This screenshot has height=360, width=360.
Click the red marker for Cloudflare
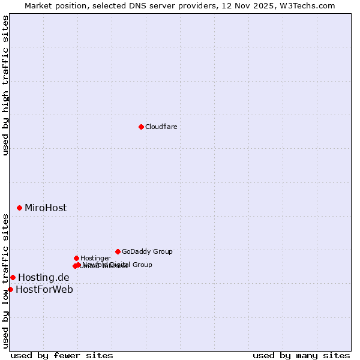click(141, 127)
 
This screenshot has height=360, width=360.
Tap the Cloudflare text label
click(161, 127)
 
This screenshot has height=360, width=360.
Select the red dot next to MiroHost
click(19, 208)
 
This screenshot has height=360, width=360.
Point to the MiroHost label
click(46, 208)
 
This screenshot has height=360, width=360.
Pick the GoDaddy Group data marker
click(118, 251)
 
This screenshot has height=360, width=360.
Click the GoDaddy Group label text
click(147, 251)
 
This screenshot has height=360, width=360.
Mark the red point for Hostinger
click(76, 258)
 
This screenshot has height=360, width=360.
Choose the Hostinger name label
click(95, 258)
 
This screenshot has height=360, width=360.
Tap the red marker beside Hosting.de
click(13, 277)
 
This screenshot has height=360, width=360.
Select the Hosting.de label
click(44, 278)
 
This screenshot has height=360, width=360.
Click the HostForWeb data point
click(10, 289)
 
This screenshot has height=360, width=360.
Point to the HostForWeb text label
click(44, 290)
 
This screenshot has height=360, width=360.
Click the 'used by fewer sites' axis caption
click(62, 355)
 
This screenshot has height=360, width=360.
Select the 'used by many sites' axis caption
click(301, 355)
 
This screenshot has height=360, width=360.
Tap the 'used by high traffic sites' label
click(5, 86)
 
